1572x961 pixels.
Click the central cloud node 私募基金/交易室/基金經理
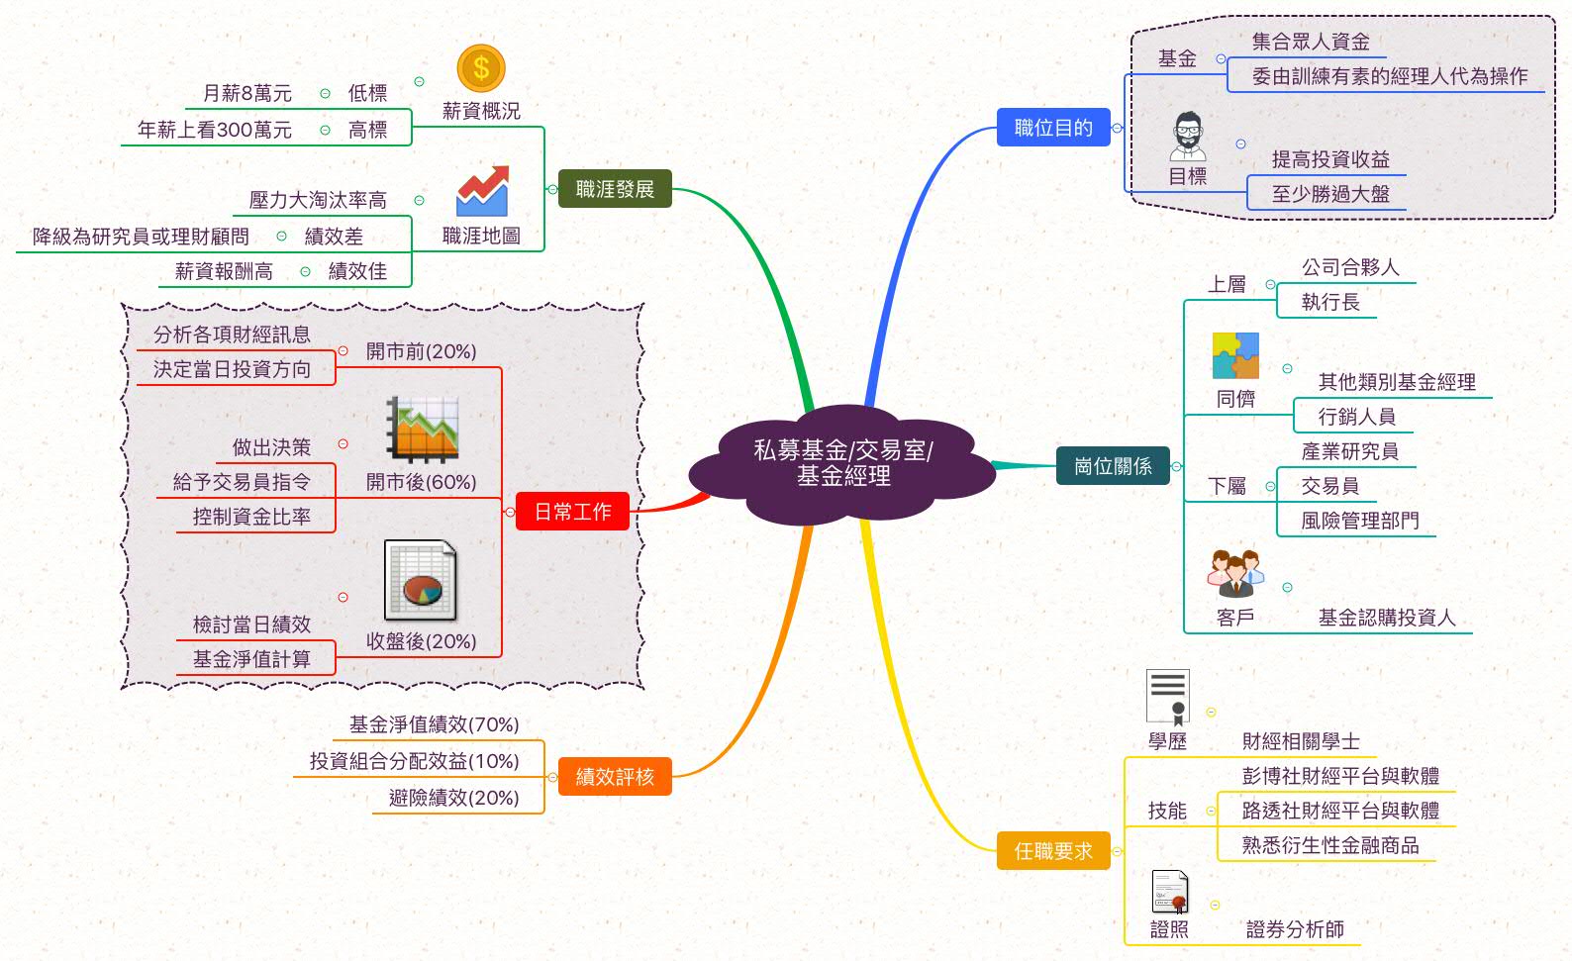pos(842,463)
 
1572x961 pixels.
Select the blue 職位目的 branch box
pos(1053,128)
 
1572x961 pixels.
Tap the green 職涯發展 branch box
pos(615,189)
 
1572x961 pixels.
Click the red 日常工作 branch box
pos(572,512)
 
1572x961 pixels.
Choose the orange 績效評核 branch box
pos(615,777)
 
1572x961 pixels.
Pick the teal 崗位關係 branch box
pos(1113,466)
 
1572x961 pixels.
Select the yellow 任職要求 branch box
pos(1053,851)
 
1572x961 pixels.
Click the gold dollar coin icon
pos(481,68)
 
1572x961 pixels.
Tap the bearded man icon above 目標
pos(1187,137)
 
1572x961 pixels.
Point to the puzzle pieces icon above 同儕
pos(1235,356)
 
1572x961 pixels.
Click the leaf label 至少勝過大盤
pos(1330,194)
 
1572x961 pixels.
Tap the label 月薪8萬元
pos(246,93)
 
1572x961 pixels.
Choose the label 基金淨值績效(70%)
pos(434,724)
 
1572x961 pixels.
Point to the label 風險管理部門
pos(1359,521)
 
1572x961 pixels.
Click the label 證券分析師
pos(1295,929)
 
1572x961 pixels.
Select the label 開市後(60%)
pos(421,482)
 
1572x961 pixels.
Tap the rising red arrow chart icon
pos(482,191)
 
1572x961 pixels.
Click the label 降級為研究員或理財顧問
pos(141,237)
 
